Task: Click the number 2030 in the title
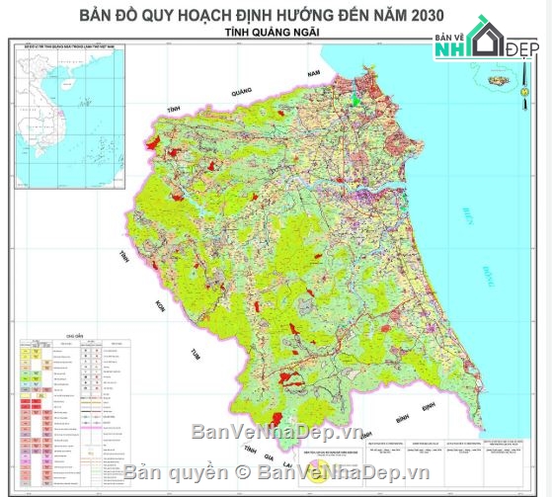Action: (x=418, y=15)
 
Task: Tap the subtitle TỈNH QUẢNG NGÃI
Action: (x=276, y=33)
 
